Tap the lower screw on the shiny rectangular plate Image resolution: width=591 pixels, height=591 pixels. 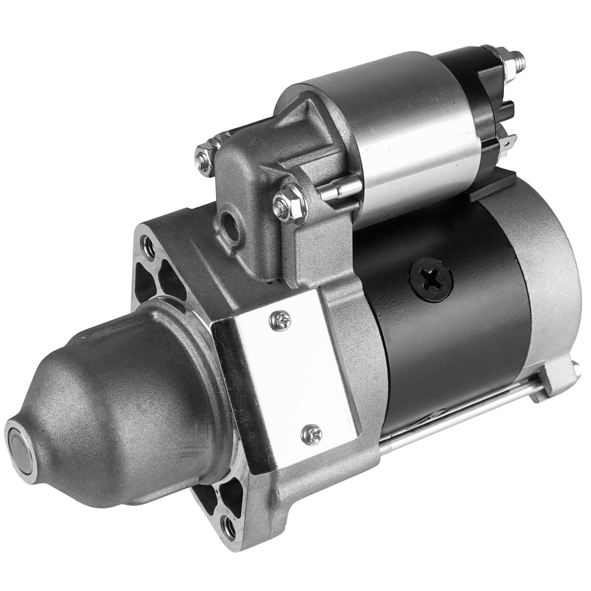(311, 433)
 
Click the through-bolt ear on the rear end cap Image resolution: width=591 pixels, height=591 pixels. (552, 384)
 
